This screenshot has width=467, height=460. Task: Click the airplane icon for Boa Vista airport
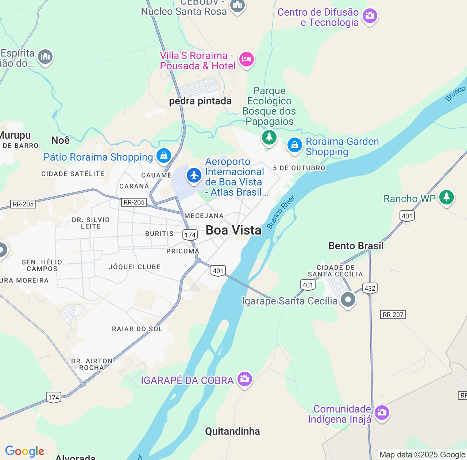point(194,176)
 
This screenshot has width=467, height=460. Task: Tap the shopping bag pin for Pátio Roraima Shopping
point(164,156)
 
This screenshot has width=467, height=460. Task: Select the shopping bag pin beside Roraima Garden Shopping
point(294,145)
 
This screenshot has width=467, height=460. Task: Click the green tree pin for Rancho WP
point(446,197)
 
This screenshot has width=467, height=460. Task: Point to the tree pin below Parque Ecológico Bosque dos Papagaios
point(269,137)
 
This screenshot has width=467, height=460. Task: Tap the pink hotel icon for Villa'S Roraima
point(246,59)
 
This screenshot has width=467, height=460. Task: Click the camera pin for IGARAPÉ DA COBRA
point(244,379)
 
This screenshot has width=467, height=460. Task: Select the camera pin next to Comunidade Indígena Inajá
point(382,413)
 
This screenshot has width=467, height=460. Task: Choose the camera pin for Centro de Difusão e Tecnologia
point(370,16)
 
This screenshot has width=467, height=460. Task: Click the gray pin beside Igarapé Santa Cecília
point(348,300)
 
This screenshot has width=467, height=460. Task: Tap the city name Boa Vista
point(233,230)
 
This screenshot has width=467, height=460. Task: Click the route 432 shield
point(370,288)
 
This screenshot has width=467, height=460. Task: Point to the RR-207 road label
point(393,315)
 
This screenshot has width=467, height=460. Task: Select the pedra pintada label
point(200,101)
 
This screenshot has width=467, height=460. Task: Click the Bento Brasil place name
point(356,246)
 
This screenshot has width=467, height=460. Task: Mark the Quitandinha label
point(232,432)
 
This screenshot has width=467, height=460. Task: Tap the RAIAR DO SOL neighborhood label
point(137,329)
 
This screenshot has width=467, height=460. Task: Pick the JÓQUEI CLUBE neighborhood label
point(135,267)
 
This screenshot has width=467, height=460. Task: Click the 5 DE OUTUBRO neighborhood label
point(299,168)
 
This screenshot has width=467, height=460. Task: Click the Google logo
point(24,451)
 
